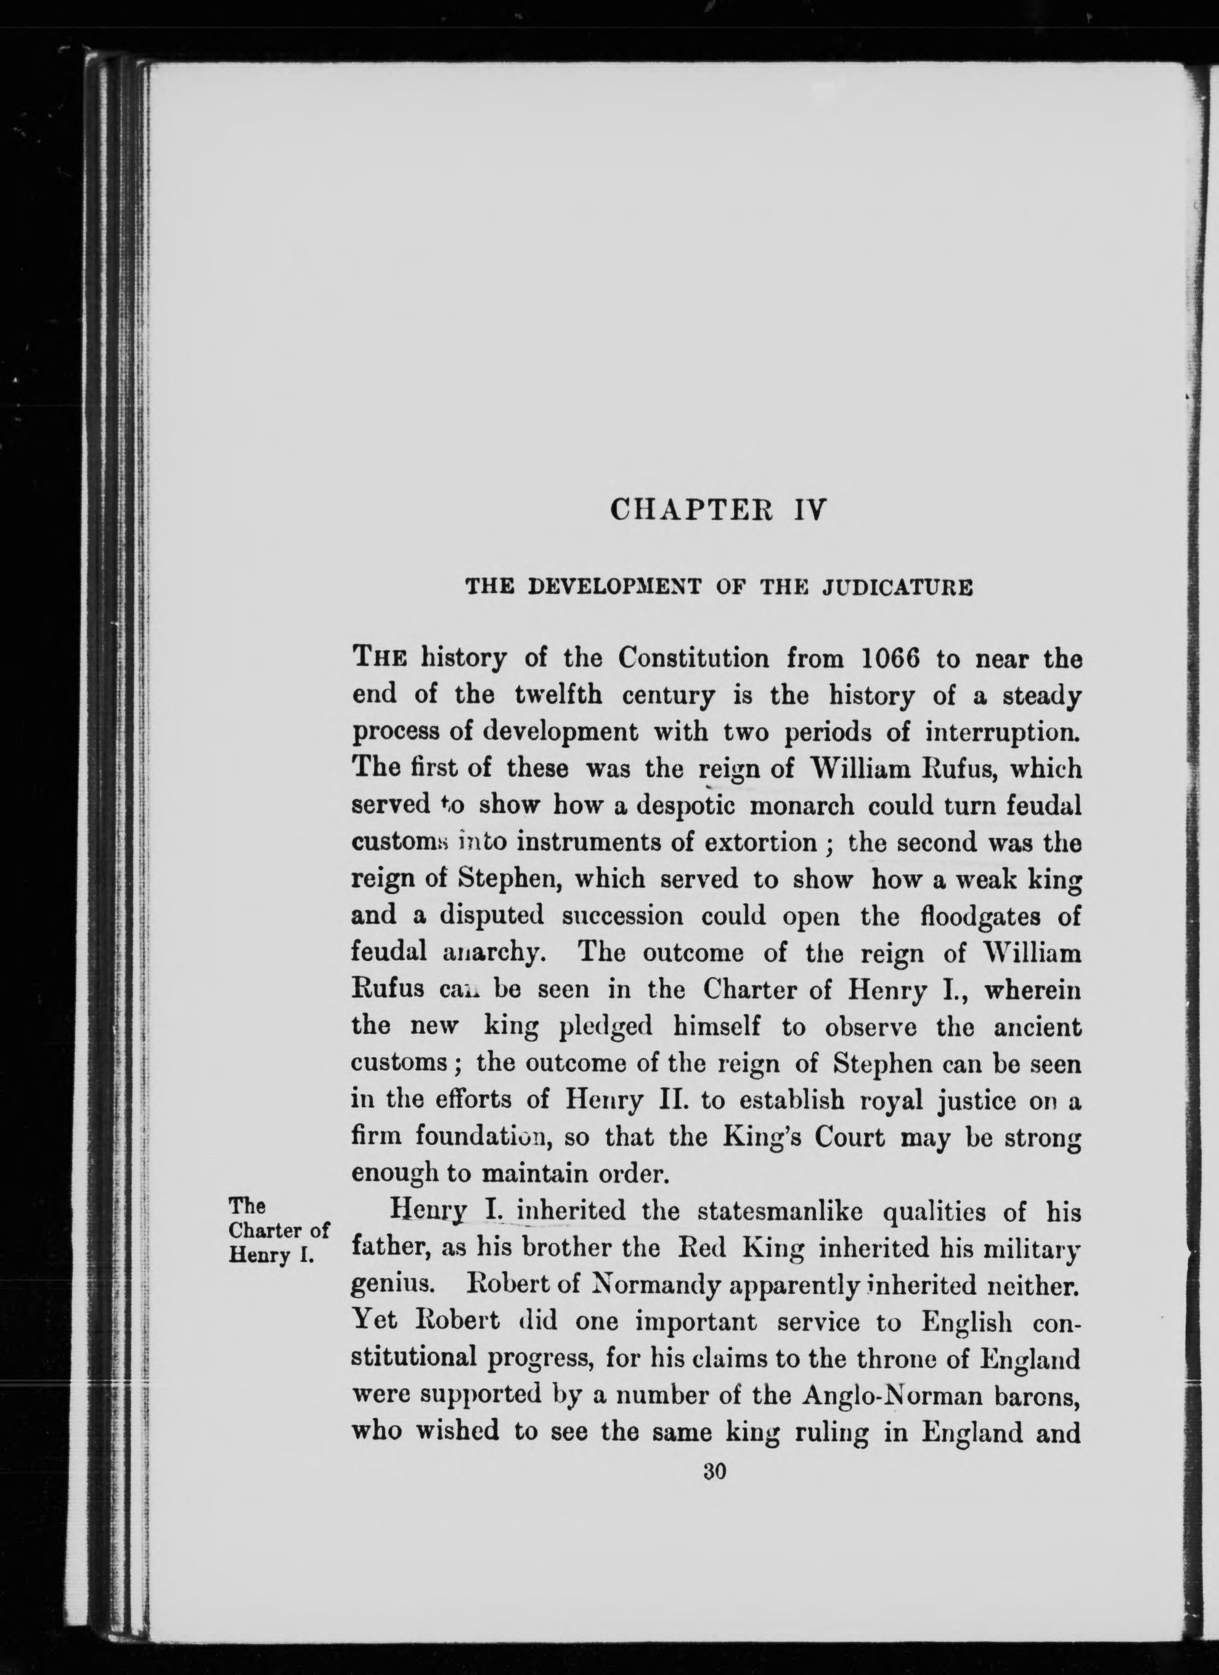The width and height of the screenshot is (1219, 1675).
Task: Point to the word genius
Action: pyautogui.click(x=390, y=1287)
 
